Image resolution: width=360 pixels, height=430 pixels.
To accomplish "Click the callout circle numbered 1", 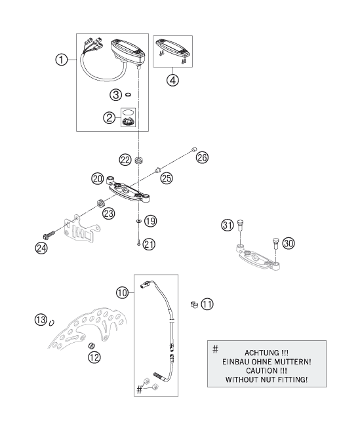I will [62, 60].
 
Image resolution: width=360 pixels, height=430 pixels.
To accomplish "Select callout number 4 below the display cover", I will [173, 81].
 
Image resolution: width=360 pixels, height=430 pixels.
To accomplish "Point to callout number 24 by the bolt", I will [42, 247].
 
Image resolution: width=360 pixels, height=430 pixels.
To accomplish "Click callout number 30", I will [289, 243].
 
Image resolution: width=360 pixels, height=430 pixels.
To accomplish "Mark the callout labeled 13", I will [41, 319].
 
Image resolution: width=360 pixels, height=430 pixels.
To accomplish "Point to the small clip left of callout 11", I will [193, 304].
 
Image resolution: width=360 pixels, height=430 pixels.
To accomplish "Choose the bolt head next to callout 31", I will [241, 223].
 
